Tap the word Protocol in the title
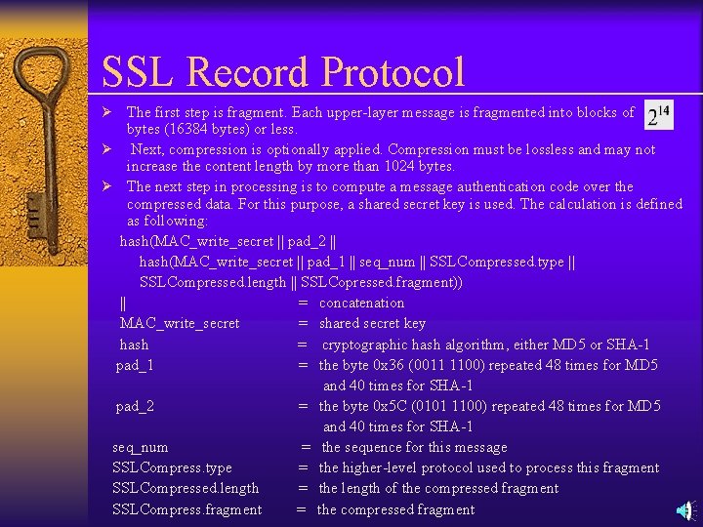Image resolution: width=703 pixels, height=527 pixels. pos(392,73)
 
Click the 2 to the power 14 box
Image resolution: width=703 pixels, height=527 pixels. pos(660,116)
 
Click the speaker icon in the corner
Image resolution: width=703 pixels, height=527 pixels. pos(687,510)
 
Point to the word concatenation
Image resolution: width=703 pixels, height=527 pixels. pos(361,303)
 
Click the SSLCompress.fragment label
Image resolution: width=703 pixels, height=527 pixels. pos(187,509)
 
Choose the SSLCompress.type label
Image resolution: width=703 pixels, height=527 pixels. pos(172,467)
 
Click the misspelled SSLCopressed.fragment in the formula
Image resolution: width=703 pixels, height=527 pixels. pos(382,282)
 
